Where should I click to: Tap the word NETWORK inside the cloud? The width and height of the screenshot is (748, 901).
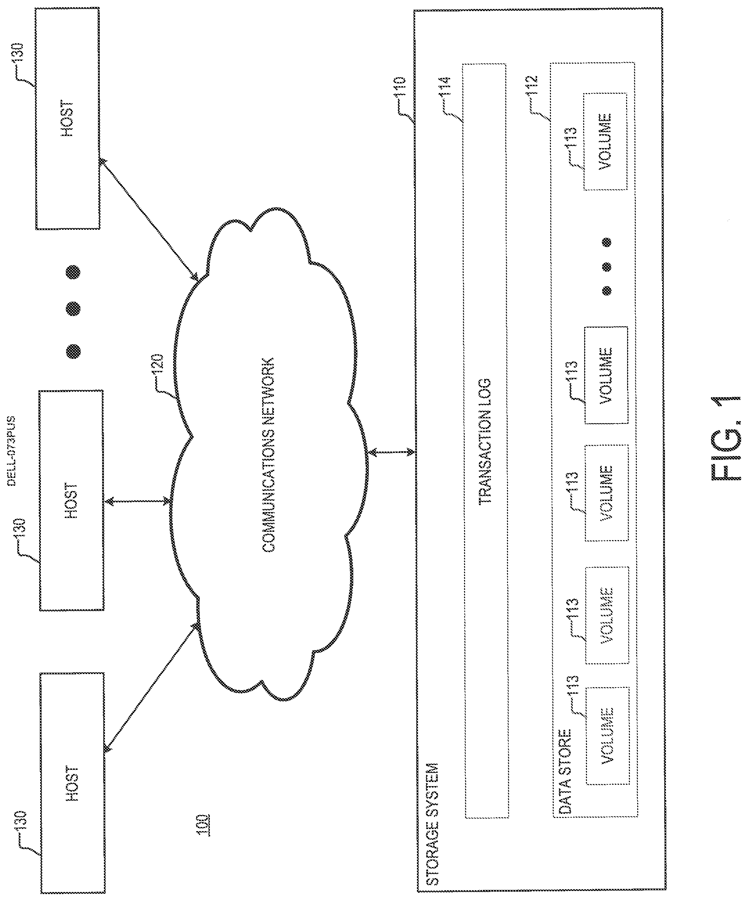tap(268, 385)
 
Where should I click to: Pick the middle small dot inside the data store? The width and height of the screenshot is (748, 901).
tap(606, 267)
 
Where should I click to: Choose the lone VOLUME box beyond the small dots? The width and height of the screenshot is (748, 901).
tap(605, 141)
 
